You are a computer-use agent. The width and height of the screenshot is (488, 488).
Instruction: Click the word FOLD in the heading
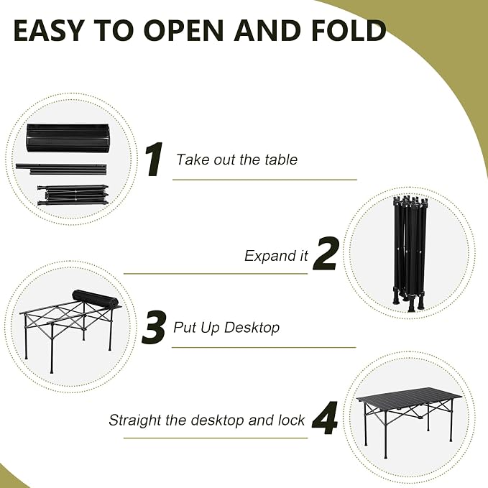point(349,30)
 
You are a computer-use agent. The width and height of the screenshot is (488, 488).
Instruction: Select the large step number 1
point(154,160)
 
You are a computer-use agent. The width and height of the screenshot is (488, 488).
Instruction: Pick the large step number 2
point(326,253)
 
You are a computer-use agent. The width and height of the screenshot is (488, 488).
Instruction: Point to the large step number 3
point(153,328)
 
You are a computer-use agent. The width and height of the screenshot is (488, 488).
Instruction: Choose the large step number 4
point(326,418)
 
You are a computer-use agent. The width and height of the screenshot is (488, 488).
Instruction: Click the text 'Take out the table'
point(236,160)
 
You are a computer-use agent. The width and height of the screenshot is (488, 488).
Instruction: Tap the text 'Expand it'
point(276,256)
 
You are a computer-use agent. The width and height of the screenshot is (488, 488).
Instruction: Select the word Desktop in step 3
point(252,328)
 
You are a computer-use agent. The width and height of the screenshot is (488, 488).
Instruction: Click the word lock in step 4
point(292,420)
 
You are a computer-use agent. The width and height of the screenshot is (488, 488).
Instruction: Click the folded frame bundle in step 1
point(73,196)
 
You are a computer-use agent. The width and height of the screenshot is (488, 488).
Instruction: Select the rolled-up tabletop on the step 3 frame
point(96,298)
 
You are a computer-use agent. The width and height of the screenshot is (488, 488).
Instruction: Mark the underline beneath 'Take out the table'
point(264,180)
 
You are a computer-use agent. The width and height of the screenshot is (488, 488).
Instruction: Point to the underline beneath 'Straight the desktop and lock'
point(216,438)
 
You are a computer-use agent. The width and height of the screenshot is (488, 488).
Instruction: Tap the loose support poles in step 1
point(61,168)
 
